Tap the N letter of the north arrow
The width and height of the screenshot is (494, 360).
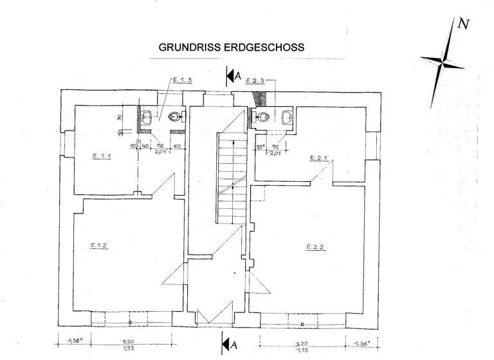click(464, 26)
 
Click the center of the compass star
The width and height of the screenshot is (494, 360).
click(443, 62)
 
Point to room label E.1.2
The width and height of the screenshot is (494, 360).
click(98, 245)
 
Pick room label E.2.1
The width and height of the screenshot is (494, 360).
click(319, 157)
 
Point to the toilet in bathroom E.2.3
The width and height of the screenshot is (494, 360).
click(261, 117)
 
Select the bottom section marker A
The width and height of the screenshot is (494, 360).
click(233, 345)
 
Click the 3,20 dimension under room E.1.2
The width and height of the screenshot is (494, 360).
click(129, 343)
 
